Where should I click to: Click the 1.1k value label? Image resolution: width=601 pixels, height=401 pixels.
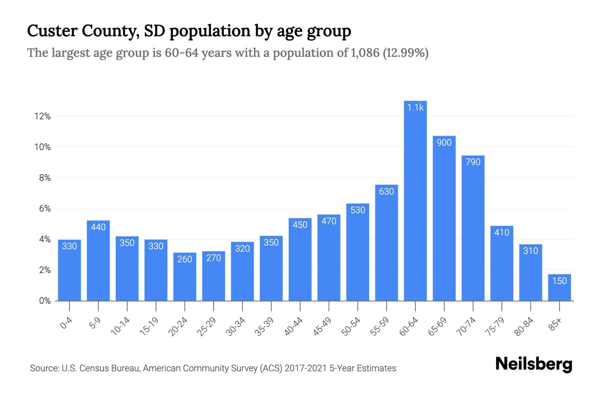click(x=415, y=108)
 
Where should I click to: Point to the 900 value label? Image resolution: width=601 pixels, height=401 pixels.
click(x=444, y=143)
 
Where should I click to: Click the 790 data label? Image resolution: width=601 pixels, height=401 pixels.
click(x=473, y=162)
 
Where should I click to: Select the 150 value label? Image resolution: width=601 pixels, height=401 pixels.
click(x=559, y=281)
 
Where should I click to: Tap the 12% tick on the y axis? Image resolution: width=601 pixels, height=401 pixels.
click(x=42, y=116)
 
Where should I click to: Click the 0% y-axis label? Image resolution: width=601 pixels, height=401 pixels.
click(x=45, y=301)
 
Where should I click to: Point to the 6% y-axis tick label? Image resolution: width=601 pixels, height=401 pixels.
click(x=45, y=209)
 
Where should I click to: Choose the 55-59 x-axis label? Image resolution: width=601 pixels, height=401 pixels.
click(x=380, y=326)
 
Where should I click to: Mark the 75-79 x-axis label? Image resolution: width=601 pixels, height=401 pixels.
click(x=495, y=326)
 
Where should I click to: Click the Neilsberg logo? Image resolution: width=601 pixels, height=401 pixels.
click(x=534, y=364)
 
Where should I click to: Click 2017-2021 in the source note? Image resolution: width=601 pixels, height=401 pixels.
click(x=306, y=368)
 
